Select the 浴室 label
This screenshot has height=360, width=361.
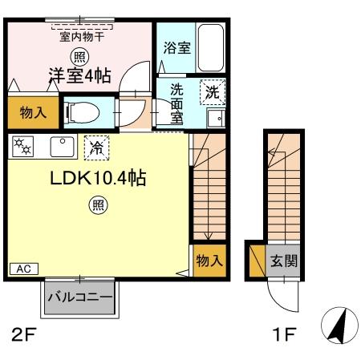coord(176,48)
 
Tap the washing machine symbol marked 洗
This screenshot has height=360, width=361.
coord(213,92)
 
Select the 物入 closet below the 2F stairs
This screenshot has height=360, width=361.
coord(209,261)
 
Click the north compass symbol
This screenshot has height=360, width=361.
coord(339,327)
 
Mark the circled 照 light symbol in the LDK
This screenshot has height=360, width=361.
coord(95,205)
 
